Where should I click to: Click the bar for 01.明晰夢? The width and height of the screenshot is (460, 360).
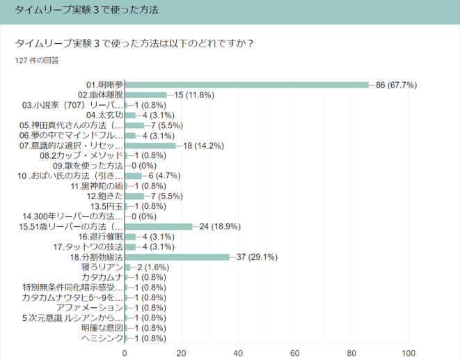247,85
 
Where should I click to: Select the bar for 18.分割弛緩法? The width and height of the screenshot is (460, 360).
177,257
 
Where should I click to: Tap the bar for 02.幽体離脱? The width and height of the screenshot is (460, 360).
146,95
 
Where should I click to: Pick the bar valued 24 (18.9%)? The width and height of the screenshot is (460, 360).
159,226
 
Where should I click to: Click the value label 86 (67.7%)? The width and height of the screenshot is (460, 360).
396,85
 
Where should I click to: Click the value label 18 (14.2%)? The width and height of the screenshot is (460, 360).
203,146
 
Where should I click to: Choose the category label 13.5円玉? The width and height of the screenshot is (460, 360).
106,206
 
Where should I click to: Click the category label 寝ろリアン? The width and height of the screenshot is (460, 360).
102,267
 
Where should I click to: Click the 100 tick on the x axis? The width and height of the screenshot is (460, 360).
409,352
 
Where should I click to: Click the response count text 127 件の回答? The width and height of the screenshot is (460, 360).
37,61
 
